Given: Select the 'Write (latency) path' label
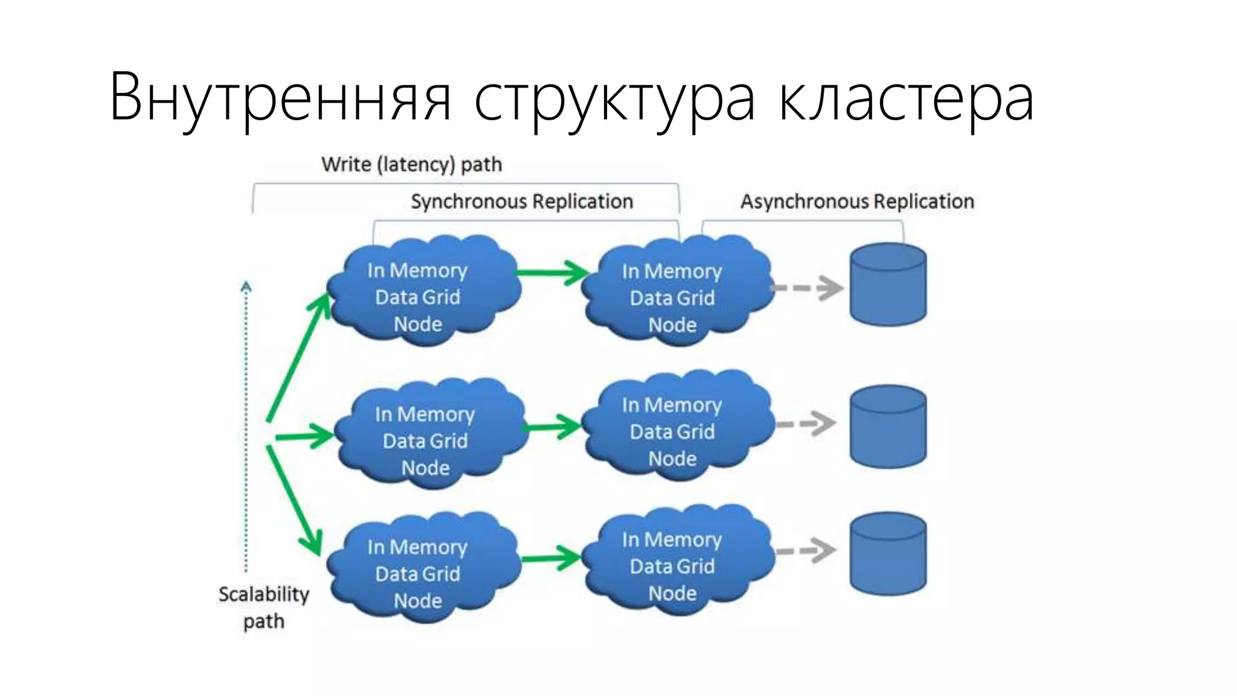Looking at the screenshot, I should point(411,164).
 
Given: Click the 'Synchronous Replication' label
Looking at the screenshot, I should point(522,201).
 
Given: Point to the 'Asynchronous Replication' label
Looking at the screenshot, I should point(857,201).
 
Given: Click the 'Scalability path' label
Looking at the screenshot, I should point(264,607).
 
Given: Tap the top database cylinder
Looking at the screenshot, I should point(888,285).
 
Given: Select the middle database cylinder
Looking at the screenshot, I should point(888,427).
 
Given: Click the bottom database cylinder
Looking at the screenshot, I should point(888,554).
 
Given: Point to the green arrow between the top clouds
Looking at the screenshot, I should point(553,272).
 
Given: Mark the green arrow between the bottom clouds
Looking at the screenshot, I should point(551,558).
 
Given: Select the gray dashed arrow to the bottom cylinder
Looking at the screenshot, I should point(806,550).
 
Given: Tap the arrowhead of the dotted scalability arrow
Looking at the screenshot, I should point(246,287).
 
